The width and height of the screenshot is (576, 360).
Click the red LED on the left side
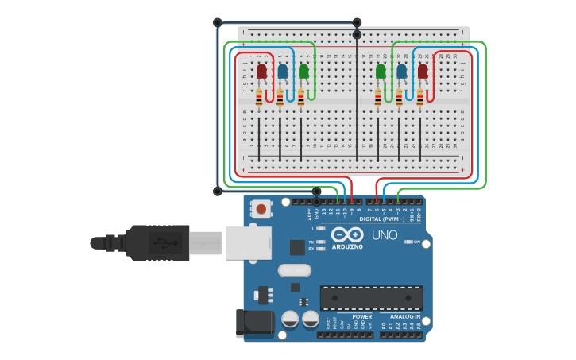coord(261,72)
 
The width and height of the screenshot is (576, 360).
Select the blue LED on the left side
coord(282,72)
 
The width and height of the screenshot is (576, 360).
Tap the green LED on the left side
coord(303,72)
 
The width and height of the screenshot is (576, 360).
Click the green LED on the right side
coord(381,72)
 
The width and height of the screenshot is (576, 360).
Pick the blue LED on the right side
coord(401,72)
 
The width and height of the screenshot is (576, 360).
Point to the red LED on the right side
coord(423,72)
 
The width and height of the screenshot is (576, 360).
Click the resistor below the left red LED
coord(259,98)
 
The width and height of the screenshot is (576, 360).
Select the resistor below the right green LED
coord(378,98)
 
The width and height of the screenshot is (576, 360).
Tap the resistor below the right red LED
coord(420,98)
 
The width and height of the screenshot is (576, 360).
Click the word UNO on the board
coord(385,235)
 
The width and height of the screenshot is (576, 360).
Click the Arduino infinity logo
coord(347,235)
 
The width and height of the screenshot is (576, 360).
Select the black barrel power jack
coord(256,323)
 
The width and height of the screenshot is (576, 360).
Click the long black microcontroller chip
coord(371,298)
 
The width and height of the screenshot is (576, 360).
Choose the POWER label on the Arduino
coord(361,316)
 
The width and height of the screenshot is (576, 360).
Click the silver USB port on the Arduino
coord(249,242)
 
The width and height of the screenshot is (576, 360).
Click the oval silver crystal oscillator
coord(294,270)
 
